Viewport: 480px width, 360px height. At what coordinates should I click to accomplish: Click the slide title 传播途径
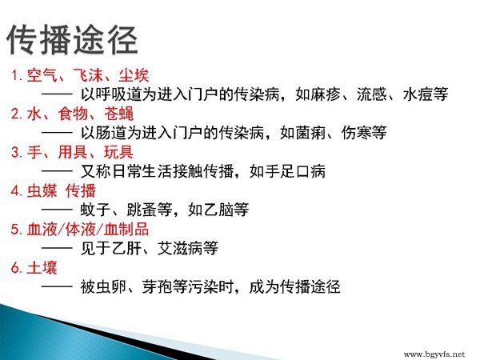tap(72, 40)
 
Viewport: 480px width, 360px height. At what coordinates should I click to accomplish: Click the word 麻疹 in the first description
tap(326, 94)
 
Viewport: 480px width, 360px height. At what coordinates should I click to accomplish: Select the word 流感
tap(372, 94)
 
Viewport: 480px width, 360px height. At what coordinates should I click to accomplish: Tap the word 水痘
tap(418, 94)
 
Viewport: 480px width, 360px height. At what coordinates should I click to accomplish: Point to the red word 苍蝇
tap(118, 114)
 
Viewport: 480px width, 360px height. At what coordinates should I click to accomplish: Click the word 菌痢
tap(310, 133)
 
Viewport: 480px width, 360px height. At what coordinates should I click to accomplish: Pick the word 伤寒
tap(357, 133)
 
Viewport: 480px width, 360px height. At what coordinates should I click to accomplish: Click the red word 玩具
tap(118, 152)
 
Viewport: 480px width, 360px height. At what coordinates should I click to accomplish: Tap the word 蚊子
tap(95, 210)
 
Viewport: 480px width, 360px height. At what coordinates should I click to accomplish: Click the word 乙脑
tap(218, 210)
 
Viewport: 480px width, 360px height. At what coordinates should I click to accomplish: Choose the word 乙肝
tap(126, 248)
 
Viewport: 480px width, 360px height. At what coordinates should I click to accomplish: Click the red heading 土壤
tap(42, 267)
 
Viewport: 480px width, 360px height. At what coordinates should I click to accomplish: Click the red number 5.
tap(15, 230)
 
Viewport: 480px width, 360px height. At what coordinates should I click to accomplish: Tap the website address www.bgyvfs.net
tap(434, 354)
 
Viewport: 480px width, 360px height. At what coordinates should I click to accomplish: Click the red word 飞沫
tap(88, 75)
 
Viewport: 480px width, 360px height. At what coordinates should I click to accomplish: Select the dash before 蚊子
tap(57, 210)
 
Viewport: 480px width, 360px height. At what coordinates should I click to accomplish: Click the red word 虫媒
tap(42, 190)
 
